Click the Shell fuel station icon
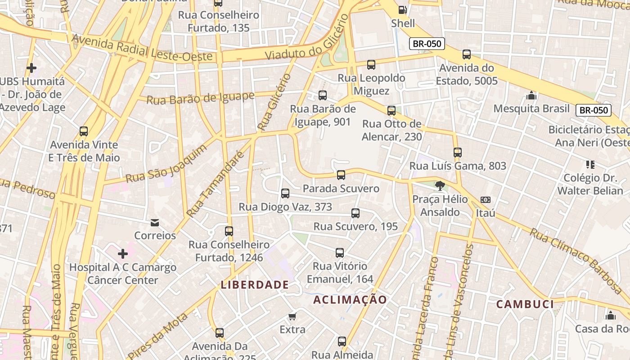[403, 9]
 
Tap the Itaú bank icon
[486, 200]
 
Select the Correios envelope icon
[155, 222]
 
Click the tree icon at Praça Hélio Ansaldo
[440, 185]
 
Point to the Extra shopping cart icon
[292, 317]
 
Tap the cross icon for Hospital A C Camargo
[122, 254]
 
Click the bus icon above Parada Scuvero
[341, 175]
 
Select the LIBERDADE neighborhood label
[255, 285]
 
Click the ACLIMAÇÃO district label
[350, 300]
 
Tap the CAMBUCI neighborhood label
[525, 304]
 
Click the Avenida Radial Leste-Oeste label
[142, 48]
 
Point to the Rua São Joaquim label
[166, 163]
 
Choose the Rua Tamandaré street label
[215, 184]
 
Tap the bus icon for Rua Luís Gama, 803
[458, 153]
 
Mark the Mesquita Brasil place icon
[531, 96]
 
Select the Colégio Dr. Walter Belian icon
[590, 165]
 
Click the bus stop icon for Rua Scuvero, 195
[355, 213]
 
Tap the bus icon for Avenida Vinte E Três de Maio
[84, 131]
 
